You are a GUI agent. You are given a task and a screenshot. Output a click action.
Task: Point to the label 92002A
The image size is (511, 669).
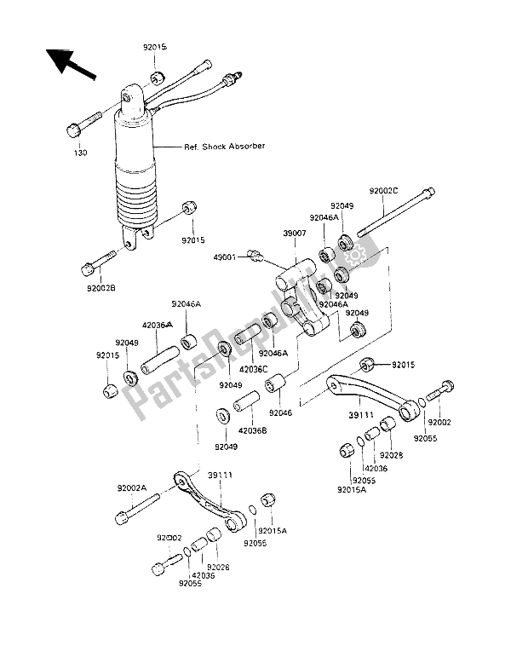133,488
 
